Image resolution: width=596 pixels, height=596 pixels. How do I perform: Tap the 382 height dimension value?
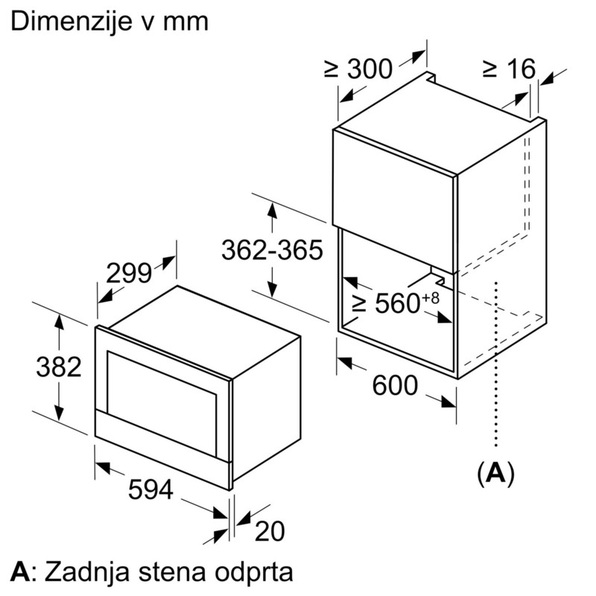59,367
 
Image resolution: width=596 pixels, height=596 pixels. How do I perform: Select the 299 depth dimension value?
129,273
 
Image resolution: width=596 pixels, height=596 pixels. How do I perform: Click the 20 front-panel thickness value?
270,531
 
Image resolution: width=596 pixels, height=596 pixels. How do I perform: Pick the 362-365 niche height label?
272,250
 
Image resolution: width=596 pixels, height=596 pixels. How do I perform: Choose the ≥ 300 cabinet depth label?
358,69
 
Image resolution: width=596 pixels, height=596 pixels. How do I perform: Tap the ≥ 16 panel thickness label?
510,69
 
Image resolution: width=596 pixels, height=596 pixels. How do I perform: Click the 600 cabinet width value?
395,385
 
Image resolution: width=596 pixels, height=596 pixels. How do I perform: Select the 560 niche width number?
398,303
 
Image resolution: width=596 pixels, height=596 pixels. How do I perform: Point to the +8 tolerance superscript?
431,297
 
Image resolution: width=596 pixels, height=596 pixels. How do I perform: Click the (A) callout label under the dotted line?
495,473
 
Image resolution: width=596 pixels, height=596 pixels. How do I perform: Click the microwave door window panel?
162,403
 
